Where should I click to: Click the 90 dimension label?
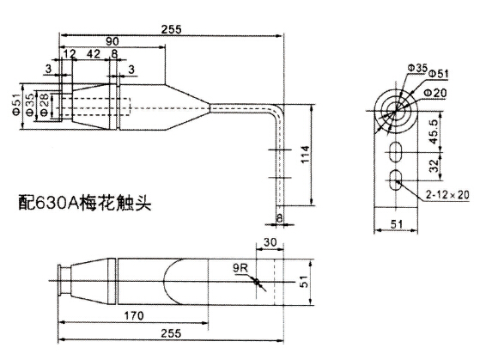(112, 41)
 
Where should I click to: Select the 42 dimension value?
(94, 54)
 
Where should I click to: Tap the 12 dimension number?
(70, 54)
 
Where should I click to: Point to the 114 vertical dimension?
(305, 155)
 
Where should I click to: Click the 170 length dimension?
(134, 315)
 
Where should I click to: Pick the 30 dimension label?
(270, 242)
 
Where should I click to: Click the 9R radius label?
(240, 268)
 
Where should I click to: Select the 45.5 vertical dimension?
(434, 131)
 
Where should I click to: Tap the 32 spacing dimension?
(434, 166)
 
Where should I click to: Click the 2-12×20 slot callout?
(447, 195)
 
